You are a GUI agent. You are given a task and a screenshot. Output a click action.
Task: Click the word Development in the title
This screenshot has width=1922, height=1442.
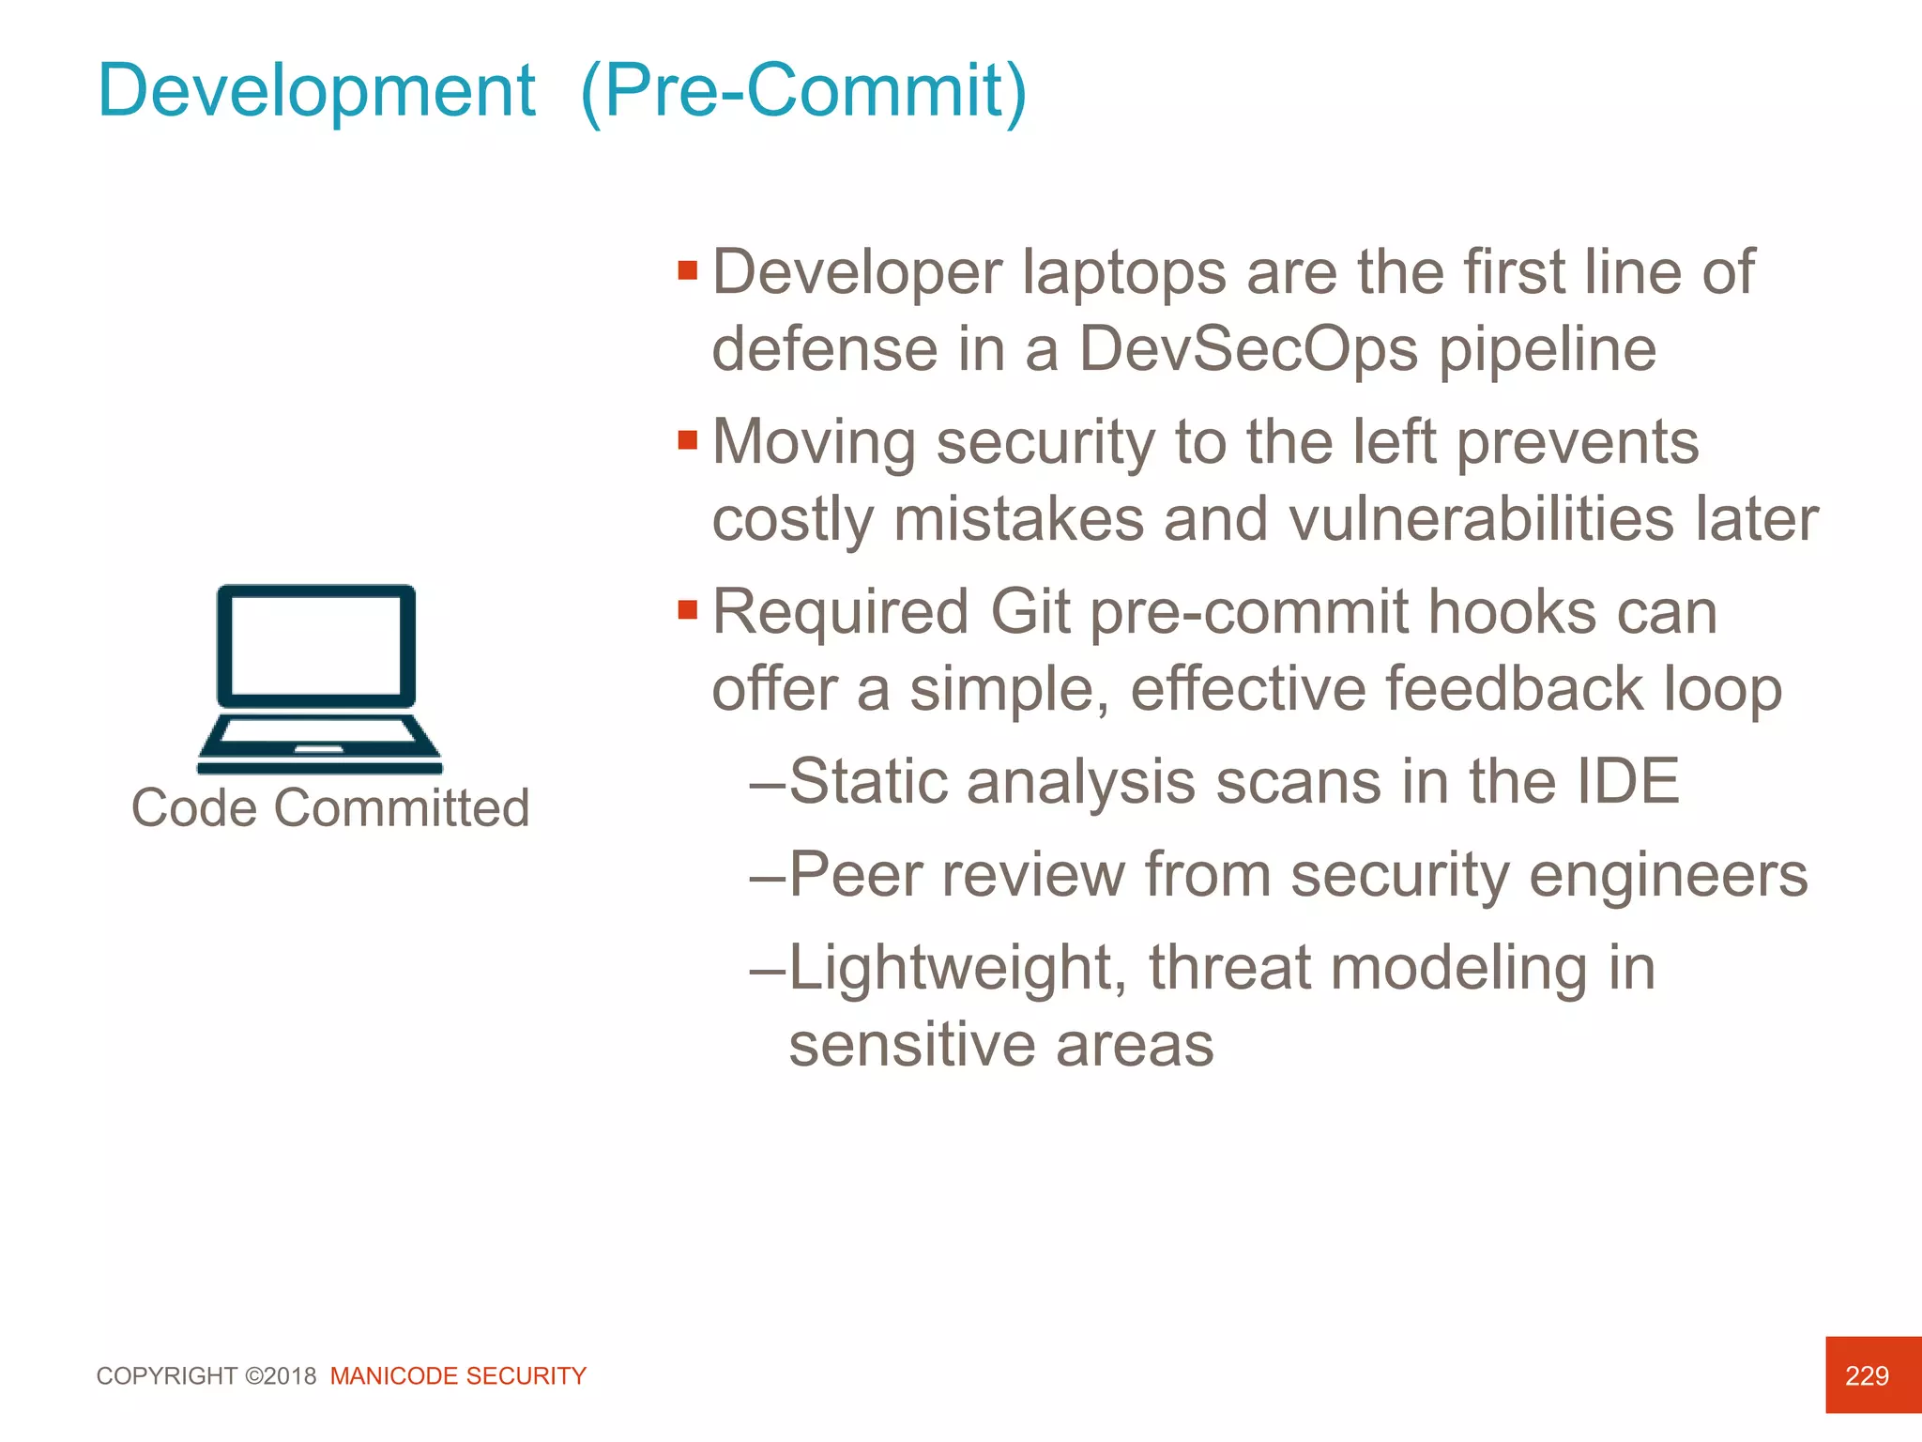pyautogui.click(x=316, y=91)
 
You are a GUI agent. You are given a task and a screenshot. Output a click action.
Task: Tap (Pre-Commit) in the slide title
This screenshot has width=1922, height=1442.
pyautogui.click(x=803, y=91)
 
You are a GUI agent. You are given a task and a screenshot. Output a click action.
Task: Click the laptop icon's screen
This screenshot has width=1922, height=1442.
pyautogui.click(x=316, y=645)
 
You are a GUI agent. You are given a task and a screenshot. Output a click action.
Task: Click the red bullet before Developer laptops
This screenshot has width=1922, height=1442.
pyautogui.click(x=688, y=271)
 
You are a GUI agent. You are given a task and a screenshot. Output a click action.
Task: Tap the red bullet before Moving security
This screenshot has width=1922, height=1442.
pyautogui.click(x=688, y=440)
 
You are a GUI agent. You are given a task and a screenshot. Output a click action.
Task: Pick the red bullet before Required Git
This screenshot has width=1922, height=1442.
pyautogui.click(x=688, y=610)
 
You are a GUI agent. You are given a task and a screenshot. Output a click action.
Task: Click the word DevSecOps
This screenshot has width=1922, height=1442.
pyautogui.click(x=1248, y=349)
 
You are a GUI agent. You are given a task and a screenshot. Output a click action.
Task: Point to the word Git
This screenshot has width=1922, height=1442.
pyautogui.click(x=1030, y=612)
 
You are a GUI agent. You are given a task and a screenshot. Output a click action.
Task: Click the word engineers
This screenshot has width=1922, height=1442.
pyautogui.click(x=1668, y=875)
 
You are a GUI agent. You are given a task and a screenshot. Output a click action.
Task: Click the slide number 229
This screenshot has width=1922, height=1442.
pyautogui.click(x=1866, y=1375)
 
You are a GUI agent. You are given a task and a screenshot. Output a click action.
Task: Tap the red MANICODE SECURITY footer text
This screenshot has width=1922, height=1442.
pyautogui.click(x=458, y=1376)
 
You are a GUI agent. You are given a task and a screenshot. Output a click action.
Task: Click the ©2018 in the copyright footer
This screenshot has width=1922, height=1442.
pyautogui.click(x=281, y=1376)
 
